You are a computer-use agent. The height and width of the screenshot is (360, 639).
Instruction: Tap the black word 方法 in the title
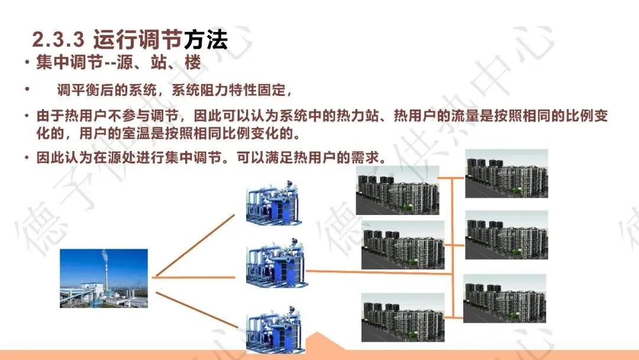pos(205,40)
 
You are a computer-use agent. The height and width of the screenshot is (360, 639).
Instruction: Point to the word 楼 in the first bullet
pos(192,63)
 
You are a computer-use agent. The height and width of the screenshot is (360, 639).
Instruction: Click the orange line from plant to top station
pos(195,245)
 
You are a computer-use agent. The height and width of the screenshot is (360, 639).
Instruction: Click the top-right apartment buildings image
pos(506,173)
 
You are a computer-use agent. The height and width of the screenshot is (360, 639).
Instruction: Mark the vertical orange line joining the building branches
pos(453,249)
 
